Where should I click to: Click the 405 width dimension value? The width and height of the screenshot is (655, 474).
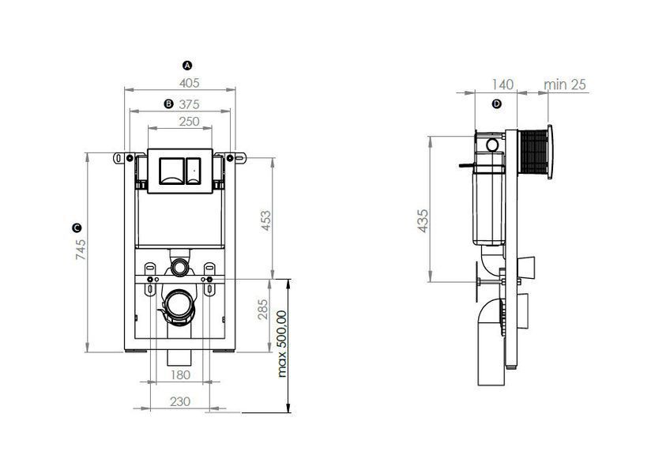tap(190, 83)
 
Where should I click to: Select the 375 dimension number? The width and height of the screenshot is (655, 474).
tap(190, 104)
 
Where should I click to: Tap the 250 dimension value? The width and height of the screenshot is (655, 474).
tap(190, 122)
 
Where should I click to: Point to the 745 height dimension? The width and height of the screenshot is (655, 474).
tap(81, 250)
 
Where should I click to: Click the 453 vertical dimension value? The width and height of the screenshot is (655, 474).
tap(265, 220)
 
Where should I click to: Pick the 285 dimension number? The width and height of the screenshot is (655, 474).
tap(263, 309)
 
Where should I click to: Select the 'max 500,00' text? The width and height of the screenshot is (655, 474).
tap(282, 344)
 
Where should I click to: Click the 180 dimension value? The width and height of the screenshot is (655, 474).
tap(180, 375)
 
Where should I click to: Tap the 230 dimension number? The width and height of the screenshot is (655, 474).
tap(180, 402)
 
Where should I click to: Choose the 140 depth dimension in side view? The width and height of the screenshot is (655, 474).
tap(503, 85)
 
